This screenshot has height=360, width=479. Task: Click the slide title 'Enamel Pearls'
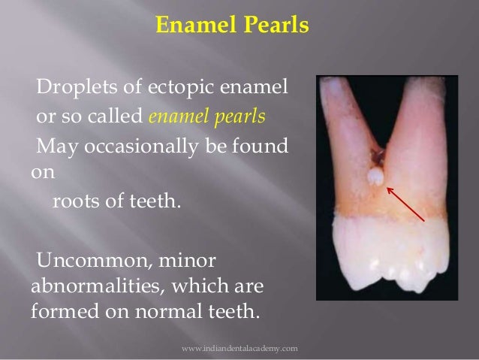pyautogui.click(x=231, y=27)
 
